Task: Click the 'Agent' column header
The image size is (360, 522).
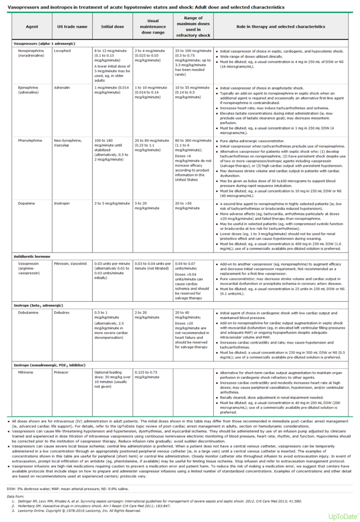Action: point(32,26)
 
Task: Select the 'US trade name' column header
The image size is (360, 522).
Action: point(72,26)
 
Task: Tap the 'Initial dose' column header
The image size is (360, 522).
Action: point(112,26)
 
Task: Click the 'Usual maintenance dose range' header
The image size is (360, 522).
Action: point(153,26)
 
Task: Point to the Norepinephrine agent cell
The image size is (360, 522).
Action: point(31,53)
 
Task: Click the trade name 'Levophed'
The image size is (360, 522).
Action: point(62,51)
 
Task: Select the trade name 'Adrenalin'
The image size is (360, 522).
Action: point(62,88)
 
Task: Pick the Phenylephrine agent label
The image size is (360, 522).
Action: point(30,141)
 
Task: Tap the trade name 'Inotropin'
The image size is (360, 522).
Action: point(61,203)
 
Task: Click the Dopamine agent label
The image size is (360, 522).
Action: point(26,203)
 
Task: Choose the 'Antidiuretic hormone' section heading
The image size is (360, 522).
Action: point(32,257)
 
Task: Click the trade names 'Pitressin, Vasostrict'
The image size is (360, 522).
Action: point(70,264)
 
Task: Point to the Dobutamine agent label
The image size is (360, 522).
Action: point(28,313)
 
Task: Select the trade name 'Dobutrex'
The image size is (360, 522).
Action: point(62,313)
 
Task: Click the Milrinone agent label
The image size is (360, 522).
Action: point(26,372)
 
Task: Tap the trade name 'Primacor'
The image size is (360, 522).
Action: point(61,372)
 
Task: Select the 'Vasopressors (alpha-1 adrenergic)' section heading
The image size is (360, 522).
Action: point(44,43)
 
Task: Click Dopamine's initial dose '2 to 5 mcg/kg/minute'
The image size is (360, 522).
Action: point(112,203)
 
